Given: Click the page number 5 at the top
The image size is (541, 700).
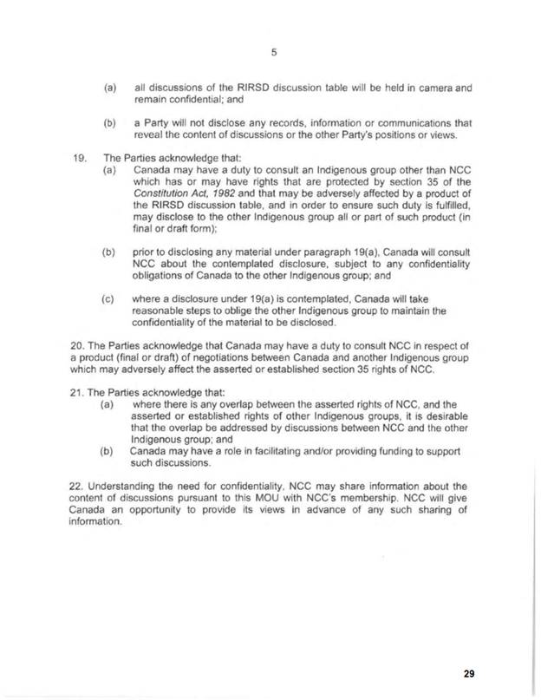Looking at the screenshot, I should tap(272, 51).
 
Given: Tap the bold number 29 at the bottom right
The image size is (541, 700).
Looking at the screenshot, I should tap(469, 672).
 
